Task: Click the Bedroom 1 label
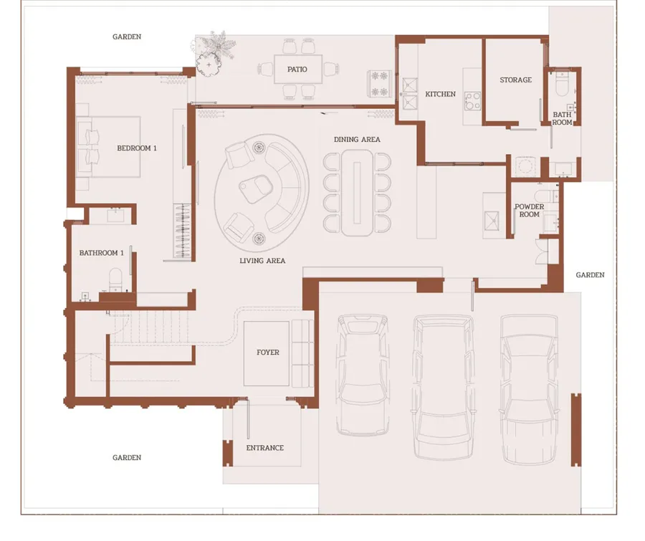click(x=137, y=148)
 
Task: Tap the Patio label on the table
click(x=297, y=70)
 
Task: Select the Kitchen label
click(x=440, y=94)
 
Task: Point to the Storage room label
click(x=515, y=80)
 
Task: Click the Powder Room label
click(x=529, y=210)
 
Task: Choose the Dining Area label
click(x=357, y=140)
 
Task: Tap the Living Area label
click(x=262, y=260)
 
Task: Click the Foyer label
click(x=268, y=352)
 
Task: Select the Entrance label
click(x=265, y=448)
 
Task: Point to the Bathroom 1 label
click(x=101, y=253)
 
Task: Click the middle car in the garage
click(x=443, y=387)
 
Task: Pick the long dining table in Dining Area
click(x=357, y=193)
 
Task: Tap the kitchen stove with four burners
click(x=472, y=101)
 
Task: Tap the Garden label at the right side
click(x=590, y=275)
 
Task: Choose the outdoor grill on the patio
click(x=379, y=84)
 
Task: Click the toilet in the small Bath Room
click(x=561, y=85)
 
